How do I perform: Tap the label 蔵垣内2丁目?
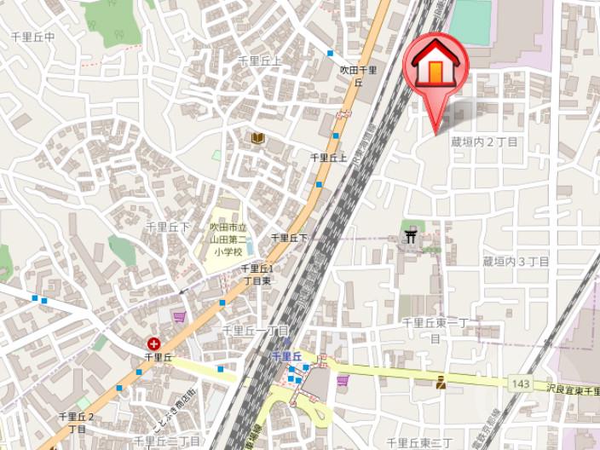pos(484,141)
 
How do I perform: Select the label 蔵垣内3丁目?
pos(516,261)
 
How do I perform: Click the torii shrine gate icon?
pos(414,237)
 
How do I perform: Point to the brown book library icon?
pos(257,137)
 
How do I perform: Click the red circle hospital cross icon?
pos(153,343)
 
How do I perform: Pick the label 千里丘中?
pos(32,37)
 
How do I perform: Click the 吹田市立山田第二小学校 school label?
pos(228,240)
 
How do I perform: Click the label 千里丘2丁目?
pos(77,423)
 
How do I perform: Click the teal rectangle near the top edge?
pos(470,21)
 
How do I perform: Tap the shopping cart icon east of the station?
pos(343,380)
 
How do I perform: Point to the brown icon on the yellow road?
pos(441,383)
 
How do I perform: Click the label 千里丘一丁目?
pos(256,330)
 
